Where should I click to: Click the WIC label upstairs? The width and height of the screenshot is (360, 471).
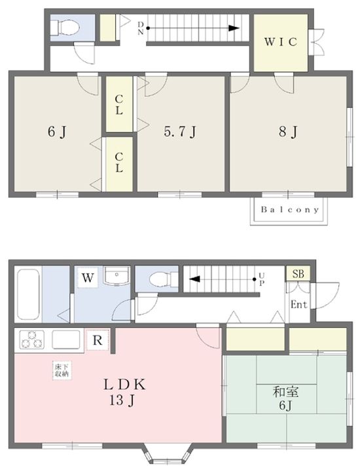click(x=281, y=42)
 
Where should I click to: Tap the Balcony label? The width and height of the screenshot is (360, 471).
click(x=289, y=210)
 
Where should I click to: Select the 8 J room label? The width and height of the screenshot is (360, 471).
click(x=288, y=131)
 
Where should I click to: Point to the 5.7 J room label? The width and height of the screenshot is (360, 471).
click(x=180, y=131)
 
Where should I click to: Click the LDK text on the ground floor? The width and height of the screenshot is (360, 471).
click(x=124, y=385)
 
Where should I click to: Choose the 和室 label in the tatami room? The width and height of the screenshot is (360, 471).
click(x=285, y=392)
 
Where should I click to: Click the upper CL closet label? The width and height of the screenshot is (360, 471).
click(x=119, y=105)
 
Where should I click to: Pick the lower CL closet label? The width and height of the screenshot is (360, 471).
click(x=119, y=162)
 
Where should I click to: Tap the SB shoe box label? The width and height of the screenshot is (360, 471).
click(x=298, y=274)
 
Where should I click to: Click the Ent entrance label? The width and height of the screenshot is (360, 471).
click(x=299, y=305)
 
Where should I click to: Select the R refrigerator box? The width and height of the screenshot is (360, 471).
click(x=98, y=340)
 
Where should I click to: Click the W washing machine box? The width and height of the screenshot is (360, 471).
click(x=88, y=278)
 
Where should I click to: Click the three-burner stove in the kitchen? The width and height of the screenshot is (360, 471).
click(x=31, y=340)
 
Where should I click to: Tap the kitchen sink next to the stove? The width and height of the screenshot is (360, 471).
click(x=66, y=340)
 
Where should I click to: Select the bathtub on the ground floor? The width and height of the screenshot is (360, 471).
click(x=28, y=294)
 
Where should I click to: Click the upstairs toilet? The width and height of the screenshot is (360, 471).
click(x=65, y=27)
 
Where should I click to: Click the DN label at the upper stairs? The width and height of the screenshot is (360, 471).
click(x=140, y=28)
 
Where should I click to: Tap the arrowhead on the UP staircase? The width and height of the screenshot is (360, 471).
click(x=194, y=279)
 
